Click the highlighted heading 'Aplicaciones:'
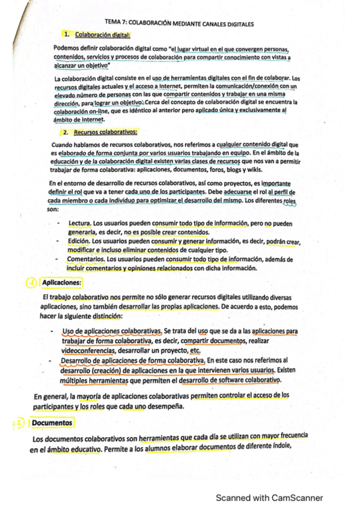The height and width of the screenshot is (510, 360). coord(61,283)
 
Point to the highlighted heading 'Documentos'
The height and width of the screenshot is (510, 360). coord(52,423)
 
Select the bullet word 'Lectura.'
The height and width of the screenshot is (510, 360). coord(79,223)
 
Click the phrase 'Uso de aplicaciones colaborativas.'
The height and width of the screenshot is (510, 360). coord(112,331)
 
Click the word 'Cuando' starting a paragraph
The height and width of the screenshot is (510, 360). coord(64,144)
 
